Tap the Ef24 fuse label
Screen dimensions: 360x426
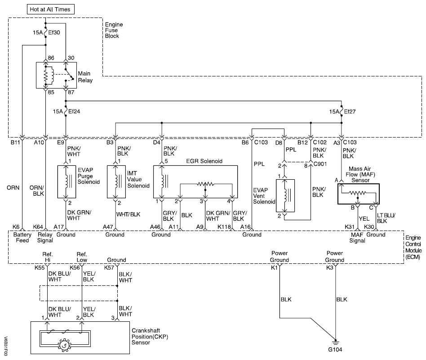tap(75, 111)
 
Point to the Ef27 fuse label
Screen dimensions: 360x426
tap(351, 111)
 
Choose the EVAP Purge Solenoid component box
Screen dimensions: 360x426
tap(66, 182)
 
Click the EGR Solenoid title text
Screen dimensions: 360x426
tap(204, 161)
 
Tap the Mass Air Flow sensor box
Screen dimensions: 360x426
tap(359, 193)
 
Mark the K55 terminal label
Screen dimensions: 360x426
tap(40, 268)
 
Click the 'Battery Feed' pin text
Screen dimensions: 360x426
tap(22, 238)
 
